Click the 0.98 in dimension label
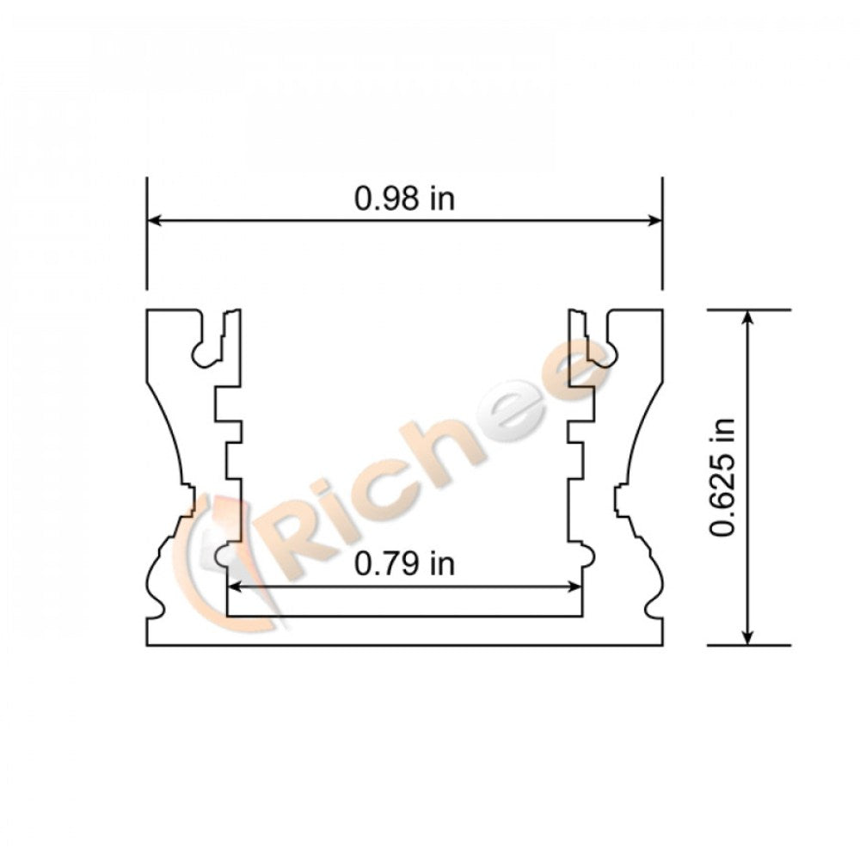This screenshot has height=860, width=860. tap(404, 199)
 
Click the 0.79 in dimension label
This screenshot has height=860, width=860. tap(404, 564)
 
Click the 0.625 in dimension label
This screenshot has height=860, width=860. tap(723, 476)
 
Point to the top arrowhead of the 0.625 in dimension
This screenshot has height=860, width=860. tap(748, 317)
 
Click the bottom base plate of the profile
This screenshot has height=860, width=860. tap(404, 630)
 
